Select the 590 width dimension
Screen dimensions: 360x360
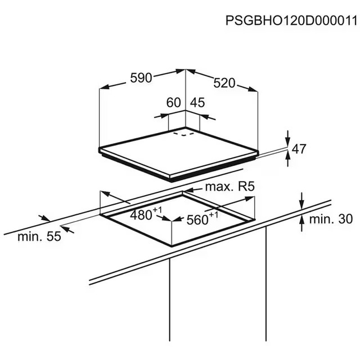pyautogui.click(x=141, y=77)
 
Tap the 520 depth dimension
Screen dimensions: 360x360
pyautogui.click(x=225, y=83)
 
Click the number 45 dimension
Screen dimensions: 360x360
pyautogui.click(x=197, y=103)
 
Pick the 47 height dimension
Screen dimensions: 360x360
pyautogui.click(x=299, y=149)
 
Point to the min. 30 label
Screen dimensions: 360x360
pyautogui.click(x=329, y=219)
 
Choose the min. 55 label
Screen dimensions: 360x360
pyautogui.click(x=39, y=237)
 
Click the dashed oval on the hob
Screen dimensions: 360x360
pyautogui.click(x=184, y=133)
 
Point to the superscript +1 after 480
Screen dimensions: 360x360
pyautogui.click(x=157, y=210)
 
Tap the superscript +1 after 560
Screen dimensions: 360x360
pyautogui.click(x=214, y=215)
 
